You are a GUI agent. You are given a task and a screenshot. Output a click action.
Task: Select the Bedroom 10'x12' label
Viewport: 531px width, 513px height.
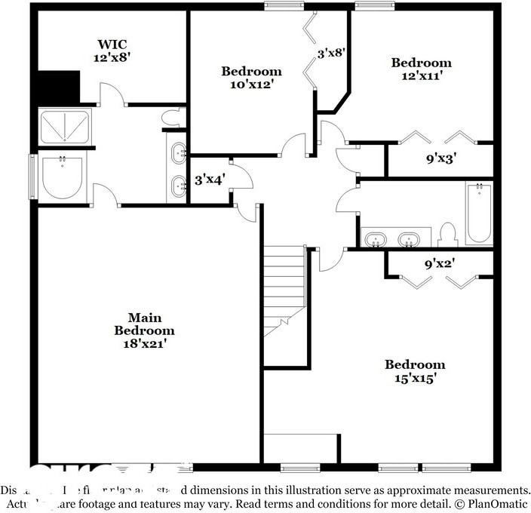251,78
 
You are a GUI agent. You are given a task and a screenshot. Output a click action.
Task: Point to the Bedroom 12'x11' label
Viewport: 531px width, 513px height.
421,69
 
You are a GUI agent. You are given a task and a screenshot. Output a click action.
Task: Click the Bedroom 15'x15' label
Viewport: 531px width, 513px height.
415,371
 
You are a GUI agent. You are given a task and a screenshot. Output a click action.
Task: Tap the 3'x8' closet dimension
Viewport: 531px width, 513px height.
330,54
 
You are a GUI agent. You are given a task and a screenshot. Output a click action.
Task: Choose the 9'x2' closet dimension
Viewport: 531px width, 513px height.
440,265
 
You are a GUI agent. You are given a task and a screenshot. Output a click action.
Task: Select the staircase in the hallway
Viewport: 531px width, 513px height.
284,290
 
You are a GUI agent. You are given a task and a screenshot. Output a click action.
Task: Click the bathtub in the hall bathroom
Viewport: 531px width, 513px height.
478,213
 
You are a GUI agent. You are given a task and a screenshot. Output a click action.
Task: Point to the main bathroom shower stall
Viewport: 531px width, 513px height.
65,126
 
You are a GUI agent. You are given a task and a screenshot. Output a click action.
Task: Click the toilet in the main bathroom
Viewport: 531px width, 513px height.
176,117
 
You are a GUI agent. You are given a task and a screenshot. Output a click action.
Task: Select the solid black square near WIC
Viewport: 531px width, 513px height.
59,87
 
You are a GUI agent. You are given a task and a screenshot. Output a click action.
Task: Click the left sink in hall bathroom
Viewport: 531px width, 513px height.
376,240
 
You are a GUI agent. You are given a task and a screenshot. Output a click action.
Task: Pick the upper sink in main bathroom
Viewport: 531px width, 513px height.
179,153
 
